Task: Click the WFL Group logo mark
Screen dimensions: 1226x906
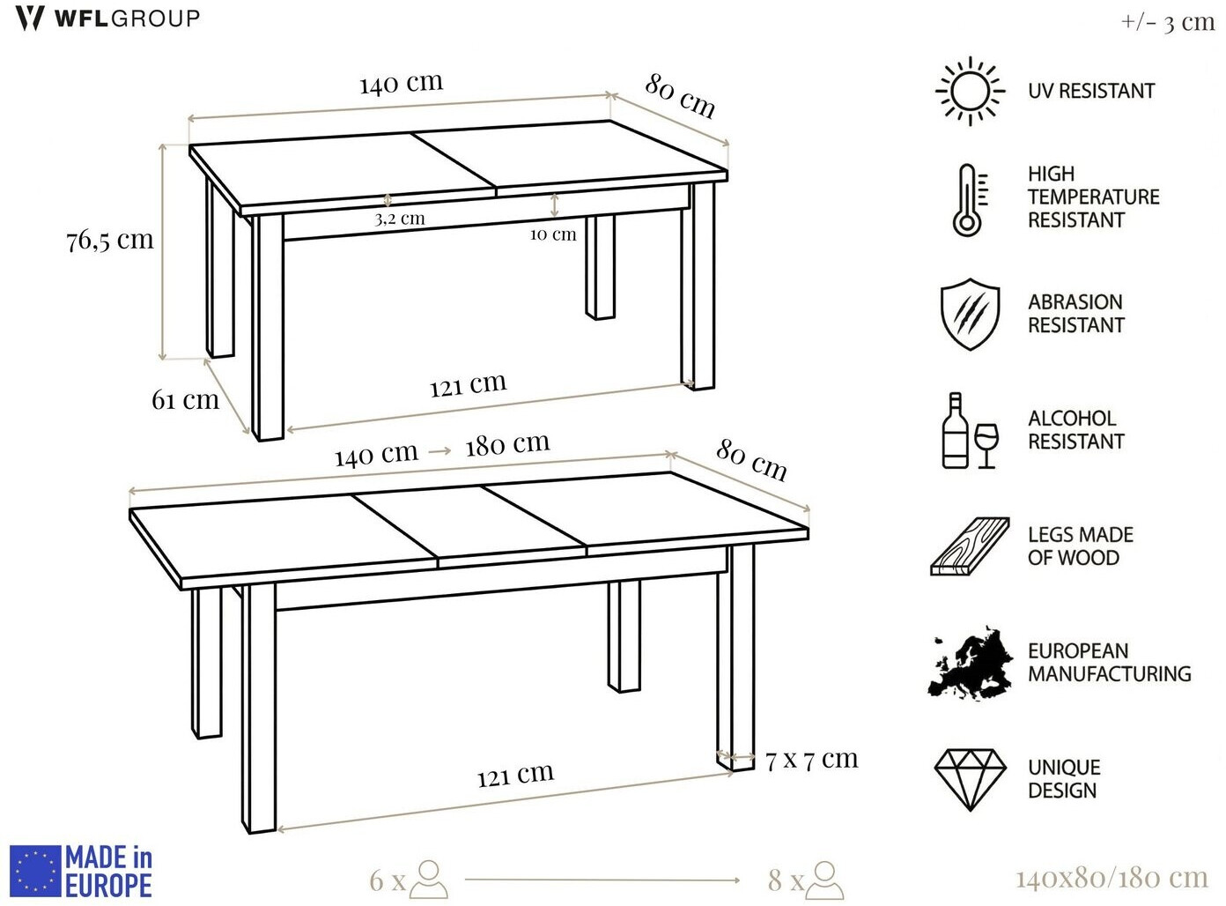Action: [30, 19]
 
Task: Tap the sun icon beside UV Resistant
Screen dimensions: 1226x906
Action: [970, 92]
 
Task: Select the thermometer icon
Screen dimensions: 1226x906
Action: [970, 200]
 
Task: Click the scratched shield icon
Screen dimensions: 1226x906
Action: [970, 314]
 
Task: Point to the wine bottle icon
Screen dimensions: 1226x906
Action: [955, 431]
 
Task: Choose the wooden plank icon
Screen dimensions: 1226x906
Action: [970, 546]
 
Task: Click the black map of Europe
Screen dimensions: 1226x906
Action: [970, 663]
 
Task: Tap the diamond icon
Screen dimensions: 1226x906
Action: [971, 780]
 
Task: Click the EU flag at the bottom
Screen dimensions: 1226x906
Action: [35, 871]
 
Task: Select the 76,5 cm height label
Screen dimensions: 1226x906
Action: [109, 241]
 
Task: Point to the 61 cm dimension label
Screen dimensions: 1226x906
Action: [185, 400]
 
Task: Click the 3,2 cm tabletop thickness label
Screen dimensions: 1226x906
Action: [400, 219]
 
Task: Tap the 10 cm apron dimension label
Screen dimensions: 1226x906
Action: [553, 234]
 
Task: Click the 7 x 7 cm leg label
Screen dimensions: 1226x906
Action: [811, 760]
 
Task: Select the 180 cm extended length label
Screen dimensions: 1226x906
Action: [507, 444]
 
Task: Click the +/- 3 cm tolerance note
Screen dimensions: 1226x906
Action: [1168, 23]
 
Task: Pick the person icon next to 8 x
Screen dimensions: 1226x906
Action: [824, 880]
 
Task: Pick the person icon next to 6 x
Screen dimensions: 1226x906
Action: [429, 880]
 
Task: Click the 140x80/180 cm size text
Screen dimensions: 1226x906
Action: [1112, 878]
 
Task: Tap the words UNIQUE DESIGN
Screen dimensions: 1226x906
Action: [1064, 779]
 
